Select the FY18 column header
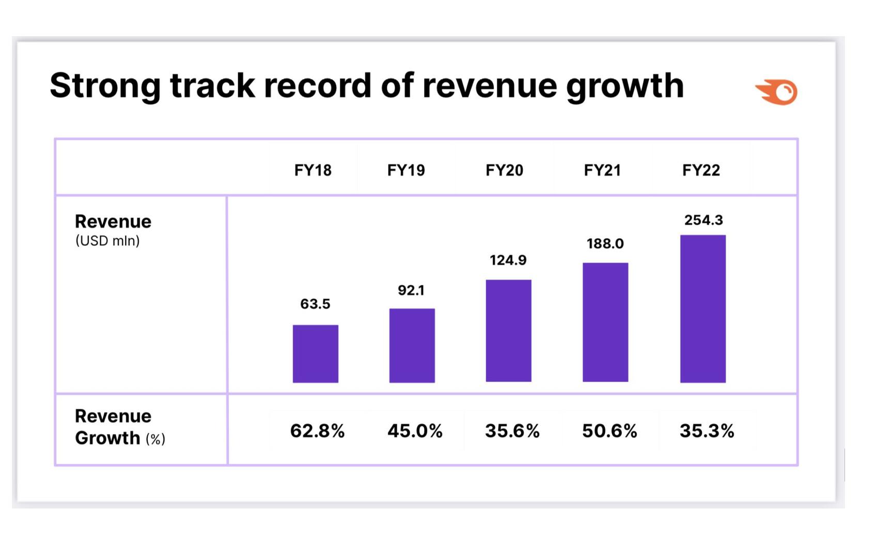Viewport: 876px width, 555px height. coord(312,170)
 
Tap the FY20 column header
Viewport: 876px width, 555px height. coord(504,170)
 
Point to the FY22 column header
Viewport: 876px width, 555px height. coord(701,170)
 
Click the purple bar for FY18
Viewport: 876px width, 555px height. coord(315,353)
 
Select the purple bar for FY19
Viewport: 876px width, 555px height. coord(412,345)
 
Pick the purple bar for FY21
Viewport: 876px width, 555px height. coord(605,322)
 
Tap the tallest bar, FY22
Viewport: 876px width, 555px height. coord(702,309)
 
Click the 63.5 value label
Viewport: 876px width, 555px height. coord(315,304)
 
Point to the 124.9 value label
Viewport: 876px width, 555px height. coord(508,260)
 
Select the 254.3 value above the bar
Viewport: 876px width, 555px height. coord(703,220)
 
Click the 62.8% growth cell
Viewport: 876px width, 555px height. coord(317,430)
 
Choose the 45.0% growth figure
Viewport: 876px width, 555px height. coord(415,430)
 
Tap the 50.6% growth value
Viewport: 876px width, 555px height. coord(609,430)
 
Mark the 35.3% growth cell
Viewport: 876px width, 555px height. coord(707,430)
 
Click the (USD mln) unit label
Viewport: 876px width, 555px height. coord(107,241)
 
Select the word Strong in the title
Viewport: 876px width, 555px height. coord(105,85)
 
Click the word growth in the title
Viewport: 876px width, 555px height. coord(625,85)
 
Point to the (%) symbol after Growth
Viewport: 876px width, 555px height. coord(155,439)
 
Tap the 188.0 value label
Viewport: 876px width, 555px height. coord(605,243)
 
